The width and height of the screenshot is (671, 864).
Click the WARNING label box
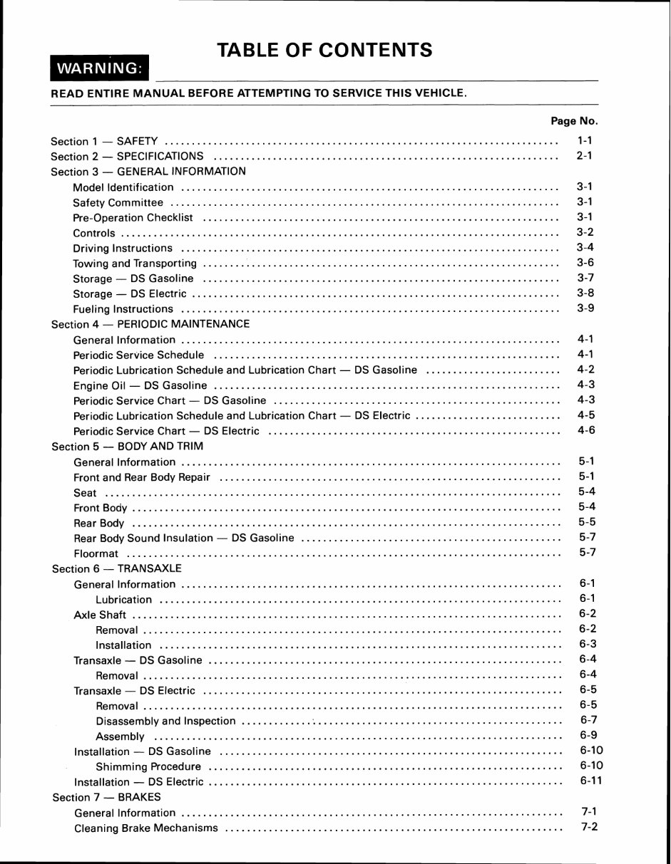tap(99, 68)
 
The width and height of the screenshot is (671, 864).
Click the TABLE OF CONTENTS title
tap(324, 50)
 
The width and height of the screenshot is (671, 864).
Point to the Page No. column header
tap(574, 121)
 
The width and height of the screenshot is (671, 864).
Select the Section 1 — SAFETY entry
tap(104, 141)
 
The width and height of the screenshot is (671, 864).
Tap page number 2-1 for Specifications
tap(585, 155)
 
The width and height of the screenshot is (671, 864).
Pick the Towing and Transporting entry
tap(135, 264)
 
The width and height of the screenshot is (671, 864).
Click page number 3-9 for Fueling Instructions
tap(585, 308)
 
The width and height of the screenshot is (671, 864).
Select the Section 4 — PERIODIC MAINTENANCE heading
tap(150, 324)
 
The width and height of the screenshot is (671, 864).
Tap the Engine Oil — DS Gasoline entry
tap(140, 385)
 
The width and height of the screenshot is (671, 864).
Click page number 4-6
tap(586, 430)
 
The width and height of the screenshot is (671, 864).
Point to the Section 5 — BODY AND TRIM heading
tap(128, 447)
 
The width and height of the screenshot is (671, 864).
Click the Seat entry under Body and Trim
tap(86, 493)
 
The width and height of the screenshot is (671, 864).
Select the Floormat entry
tap(96, 553)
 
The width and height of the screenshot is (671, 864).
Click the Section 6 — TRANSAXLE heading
tap(117, 569)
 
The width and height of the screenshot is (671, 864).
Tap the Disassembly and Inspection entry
tap(165, 721)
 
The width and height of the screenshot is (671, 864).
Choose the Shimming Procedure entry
tap(148, 767)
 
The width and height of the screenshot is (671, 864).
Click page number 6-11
tap(591, 781)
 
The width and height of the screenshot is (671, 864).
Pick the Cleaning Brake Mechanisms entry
tap(146, 828)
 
